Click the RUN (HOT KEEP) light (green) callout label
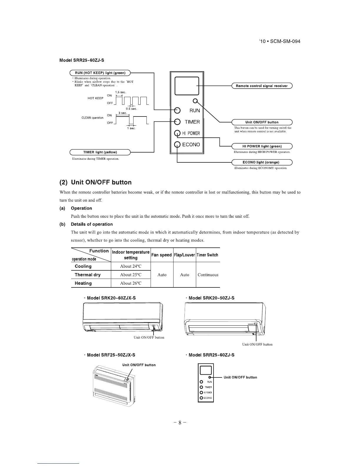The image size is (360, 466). click(x=100, y=73)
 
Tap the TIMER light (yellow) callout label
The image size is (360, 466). click(x=100, y=152)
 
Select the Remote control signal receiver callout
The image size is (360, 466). click(x=262, y=86)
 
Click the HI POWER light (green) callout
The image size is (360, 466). click(x=262, y=146)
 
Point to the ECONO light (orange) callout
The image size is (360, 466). click(x=262, y=162)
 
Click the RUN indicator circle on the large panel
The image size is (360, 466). click(x=177, y=111)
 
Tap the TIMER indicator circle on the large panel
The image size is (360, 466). click(x=177, y=122)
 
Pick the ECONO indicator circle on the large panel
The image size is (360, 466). click(x=177, y=144)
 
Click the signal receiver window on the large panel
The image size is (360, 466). click(x=187, y=86)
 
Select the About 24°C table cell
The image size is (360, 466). click(x=131, y=266)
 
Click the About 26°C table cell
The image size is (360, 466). click(x=131, y=283)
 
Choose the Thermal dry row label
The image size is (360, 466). click(x=88, y=275)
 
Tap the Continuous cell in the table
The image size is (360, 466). click(x=208, y=275)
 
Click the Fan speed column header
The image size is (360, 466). click(x=161, y=255)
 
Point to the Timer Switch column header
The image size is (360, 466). click(x=208, y=255)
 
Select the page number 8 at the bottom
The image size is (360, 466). click(x=180, y=423)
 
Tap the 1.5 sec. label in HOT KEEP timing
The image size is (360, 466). click(x=121, y=92)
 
